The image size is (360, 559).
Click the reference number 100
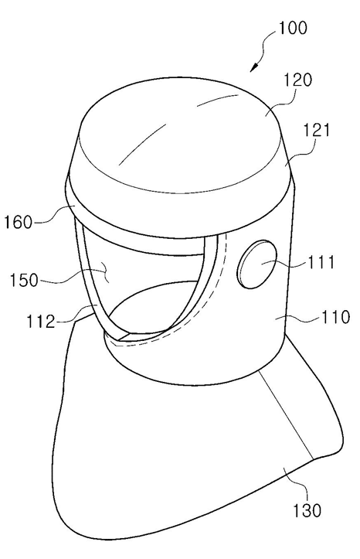292,28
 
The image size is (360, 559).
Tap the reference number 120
297,80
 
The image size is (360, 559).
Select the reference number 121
316,131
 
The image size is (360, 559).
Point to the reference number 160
18,223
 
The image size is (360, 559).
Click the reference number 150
23,280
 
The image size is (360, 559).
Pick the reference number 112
41,322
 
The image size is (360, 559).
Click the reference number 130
307,510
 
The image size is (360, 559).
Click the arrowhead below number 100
254,67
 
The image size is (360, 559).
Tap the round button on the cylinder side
256,264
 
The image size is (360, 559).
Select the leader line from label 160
53,215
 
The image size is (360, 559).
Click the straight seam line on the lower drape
287,414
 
